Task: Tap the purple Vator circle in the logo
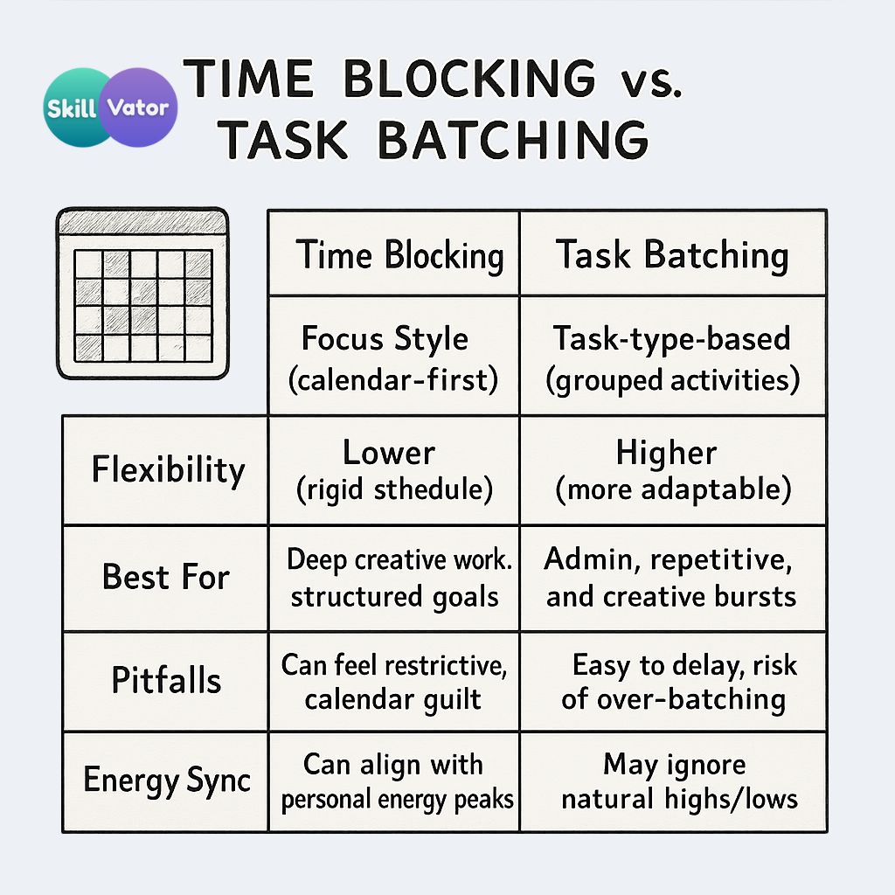[141, 108]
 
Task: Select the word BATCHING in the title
[513, 140]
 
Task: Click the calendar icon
[142, 293]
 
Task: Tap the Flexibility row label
[168, 470]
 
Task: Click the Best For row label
[165, 577]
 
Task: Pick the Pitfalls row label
[166, 680]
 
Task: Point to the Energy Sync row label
[167, 781]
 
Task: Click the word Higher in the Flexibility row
[666, 454]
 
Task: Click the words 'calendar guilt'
[392, 700]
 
